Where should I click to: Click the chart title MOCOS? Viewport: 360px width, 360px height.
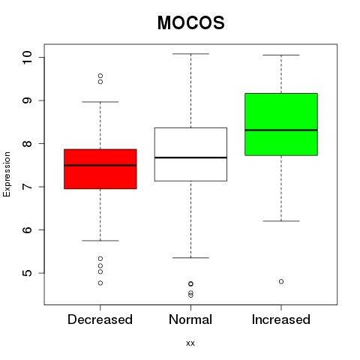point(191,22)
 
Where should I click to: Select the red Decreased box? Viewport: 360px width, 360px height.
point(100,169)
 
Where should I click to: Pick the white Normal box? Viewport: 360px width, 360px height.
point(190,154)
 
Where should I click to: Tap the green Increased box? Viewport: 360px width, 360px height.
point(281,124)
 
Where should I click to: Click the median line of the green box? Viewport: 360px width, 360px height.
point(281,130)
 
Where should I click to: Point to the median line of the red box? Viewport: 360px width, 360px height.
point(100,165)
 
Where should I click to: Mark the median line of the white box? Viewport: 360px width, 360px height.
point(190,157)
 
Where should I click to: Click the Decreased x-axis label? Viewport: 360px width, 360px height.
point(100,319)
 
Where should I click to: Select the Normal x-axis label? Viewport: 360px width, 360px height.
point(190,319)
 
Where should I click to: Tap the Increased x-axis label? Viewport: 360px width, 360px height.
point(281,319)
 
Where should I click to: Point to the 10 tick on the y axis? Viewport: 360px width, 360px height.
point(27,58)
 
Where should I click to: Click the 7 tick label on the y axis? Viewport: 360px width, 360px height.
point(27,187)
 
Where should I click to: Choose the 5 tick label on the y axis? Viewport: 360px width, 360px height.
point(27,273)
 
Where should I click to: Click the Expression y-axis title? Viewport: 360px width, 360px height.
point(7,174)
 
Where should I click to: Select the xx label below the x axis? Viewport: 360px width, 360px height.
point(190,343)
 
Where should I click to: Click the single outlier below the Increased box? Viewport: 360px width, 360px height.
point(281,281)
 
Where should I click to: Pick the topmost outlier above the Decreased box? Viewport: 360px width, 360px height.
point(100,76)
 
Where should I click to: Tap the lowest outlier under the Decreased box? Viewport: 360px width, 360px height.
point(100,283)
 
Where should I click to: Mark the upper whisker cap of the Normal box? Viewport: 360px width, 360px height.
point(190,54)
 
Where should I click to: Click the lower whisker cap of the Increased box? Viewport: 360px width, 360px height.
point(281,221)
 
